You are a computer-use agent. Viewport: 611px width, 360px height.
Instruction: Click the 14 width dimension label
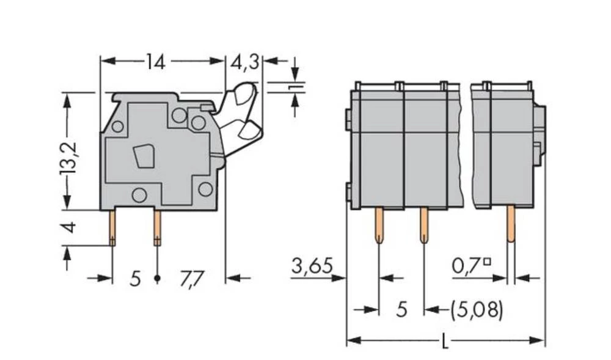pos(155,61)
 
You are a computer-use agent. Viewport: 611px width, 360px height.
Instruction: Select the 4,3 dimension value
pos(244,61)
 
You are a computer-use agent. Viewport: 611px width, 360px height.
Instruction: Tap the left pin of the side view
pos(113,228)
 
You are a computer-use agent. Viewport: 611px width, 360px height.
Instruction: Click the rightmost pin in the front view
pos(510,224)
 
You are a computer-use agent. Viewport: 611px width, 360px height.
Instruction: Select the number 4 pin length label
pos(70,227)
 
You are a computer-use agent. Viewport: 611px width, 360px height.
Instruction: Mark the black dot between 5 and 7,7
pos(157,279)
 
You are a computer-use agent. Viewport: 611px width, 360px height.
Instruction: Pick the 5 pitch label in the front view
pos(401,310)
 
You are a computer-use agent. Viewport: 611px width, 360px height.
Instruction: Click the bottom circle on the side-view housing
pos(139,196)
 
